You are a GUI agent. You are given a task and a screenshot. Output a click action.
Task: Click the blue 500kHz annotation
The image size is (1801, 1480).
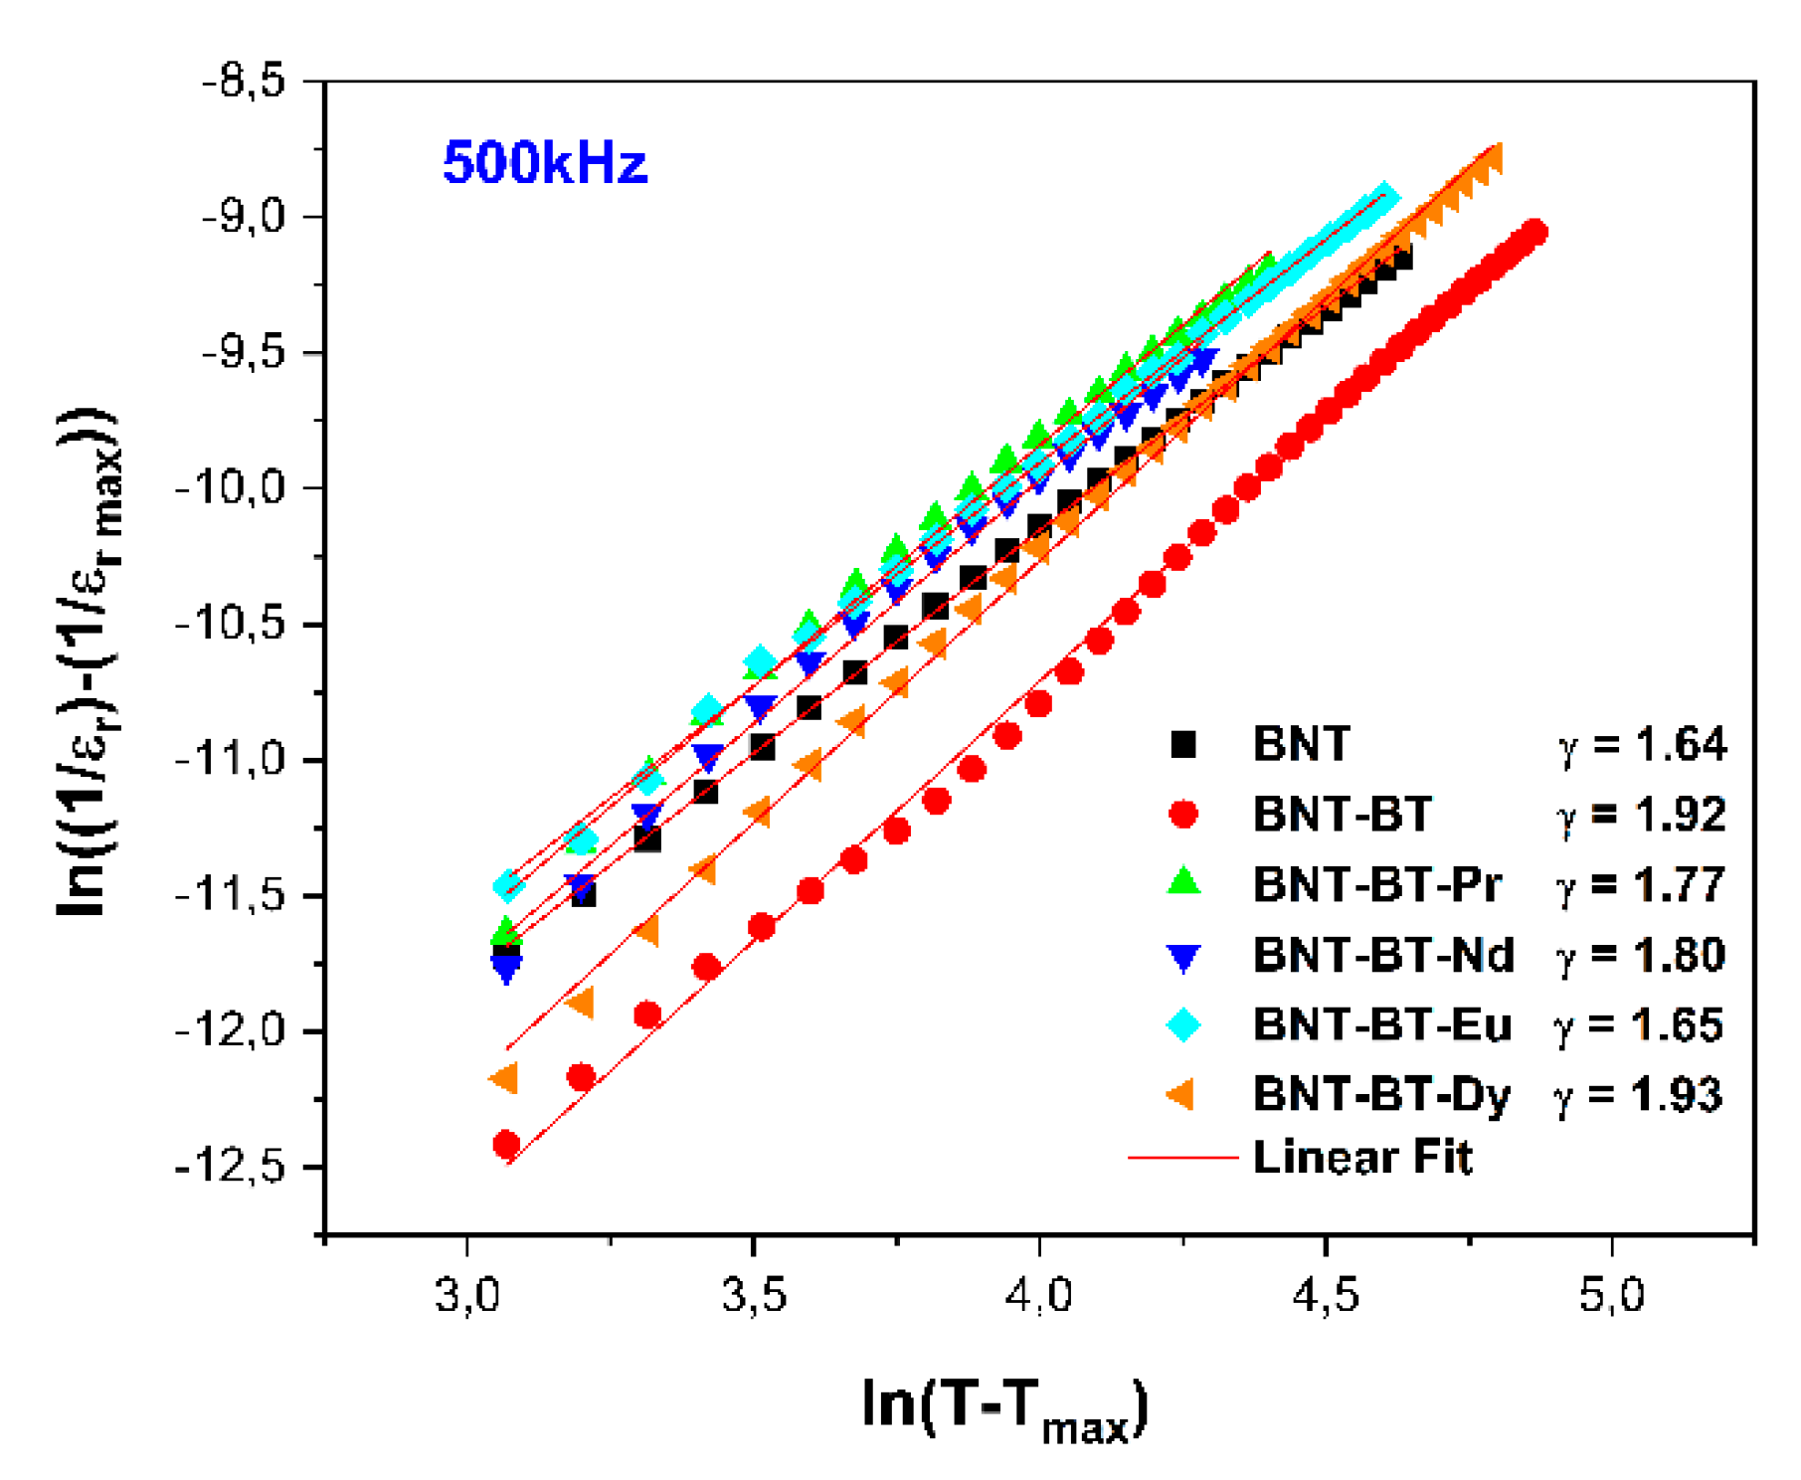[544, 162]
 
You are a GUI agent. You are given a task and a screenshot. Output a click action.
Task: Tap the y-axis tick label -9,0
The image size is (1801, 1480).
[244, 216]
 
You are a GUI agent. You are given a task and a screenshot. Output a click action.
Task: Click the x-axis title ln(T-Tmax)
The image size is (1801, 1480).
[1004, 1405]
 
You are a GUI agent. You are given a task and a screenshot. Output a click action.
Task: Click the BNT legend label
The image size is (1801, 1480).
[1302, 744]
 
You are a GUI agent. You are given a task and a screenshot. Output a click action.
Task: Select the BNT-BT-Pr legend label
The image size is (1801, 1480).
[1377, 884]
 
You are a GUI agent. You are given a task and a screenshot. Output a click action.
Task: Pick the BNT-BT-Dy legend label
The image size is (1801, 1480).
[1381, 1094]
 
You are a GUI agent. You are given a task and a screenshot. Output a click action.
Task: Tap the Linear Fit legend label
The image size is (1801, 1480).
[1361, 1157]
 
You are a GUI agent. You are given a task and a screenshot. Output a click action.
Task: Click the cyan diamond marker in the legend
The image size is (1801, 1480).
[1183, 1024]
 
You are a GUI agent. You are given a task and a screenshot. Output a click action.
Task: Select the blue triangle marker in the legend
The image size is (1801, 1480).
[1183, 956]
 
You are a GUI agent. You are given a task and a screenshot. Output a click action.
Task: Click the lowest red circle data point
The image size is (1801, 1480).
[506, 1145]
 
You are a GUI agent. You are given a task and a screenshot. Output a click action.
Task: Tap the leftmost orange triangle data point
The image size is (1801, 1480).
[504, 1078]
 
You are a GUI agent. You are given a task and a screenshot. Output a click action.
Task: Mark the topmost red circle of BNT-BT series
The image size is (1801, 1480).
[1534, 232]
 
